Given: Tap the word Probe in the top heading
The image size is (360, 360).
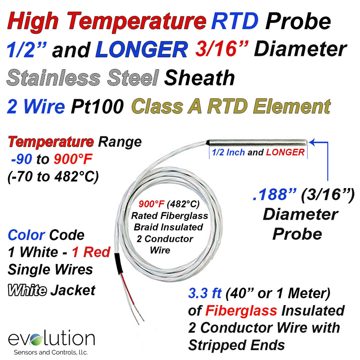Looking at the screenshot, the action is coord(298,21).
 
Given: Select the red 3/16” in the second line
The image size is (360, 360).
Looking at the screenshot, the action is coord(222,49).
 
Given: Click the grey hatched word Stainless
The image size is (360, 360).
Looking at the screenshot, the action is coord(54,78).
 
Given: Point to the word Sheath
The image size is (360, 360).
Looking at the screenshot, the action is coord(200,78).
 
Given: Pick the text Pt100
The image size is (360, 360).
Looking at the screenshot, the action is coord(97,106).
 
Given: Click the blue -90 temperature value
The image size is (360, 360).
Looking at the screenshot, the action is coord(21,159).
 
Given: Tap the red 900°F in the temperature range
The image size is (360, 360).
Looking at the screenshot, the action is coord(73,159).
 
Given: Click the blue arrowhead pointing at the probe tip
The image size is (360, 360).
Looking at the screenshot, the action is coord(311,142).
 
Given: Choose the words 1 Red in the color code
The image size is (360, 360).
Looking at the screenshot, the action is coord(91,252).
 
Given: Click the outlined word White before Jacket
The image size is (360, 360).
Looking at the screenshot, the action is coord(27,290).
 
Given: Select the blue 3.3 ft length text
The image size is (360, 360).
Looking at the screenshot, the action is coord(205,293).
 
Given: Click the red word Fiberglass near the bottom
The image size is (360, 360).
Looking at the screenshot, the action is coord(241,311).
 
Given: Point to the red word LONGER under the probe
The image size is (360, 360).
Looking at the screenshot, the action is coord(285,152).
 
